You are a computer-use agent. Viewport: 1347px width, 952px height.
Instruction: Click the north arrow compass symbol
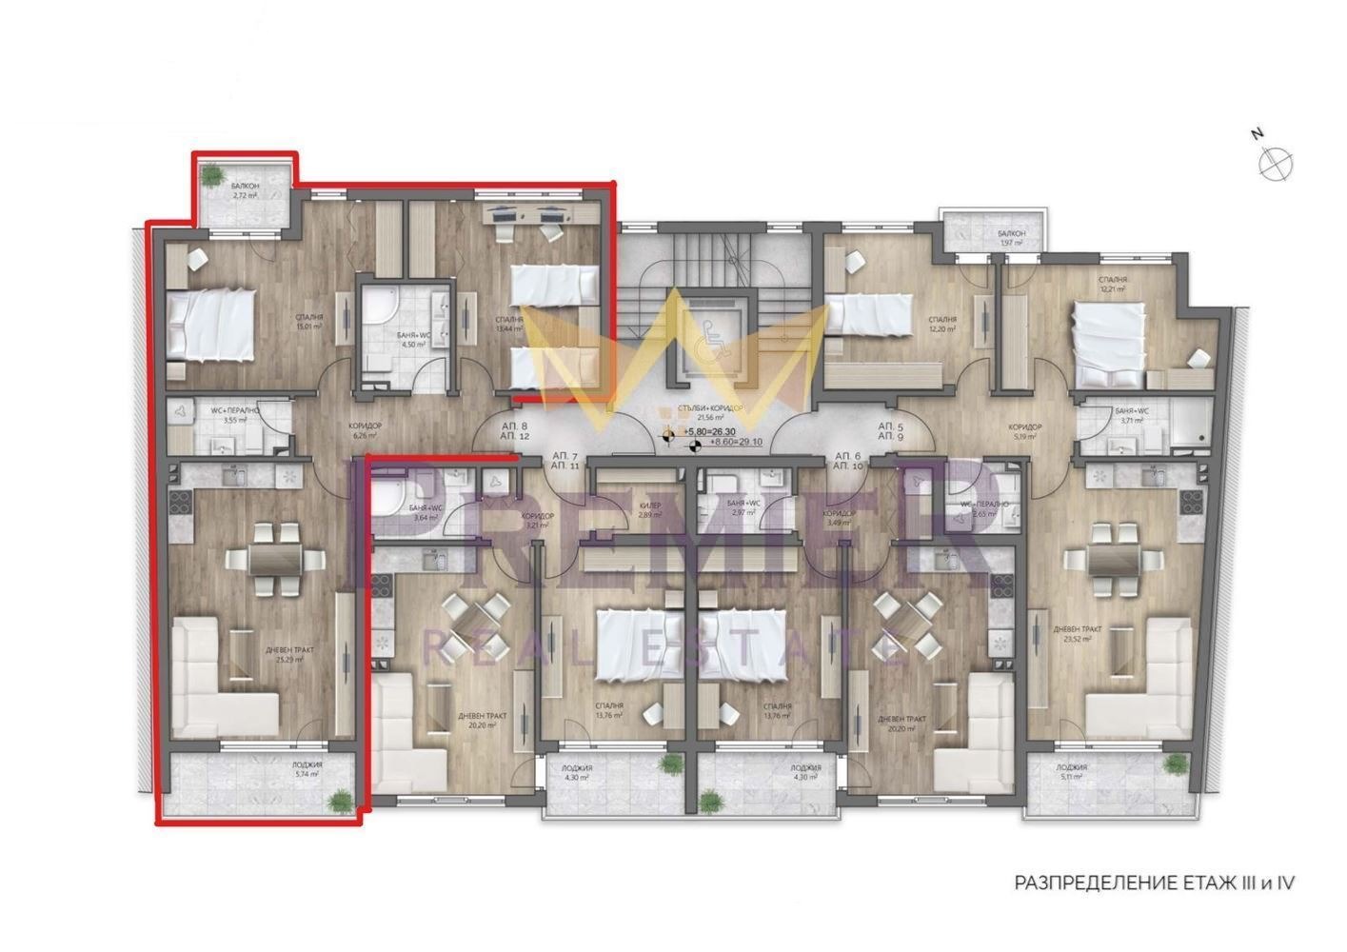coord(1275,163)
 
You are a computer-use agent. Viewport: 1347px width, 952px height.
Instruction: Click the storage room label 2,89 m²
coord(650,510)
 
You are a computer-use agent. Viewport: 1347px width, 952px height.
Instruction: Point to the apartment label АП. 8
coord(513,426)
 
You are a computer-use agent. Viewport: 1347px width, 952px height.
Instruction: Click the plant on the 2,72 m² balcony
coord(212,174)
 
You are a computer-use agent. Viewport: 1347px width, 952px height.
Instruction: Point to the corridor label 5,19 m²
coord(1024,433)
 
